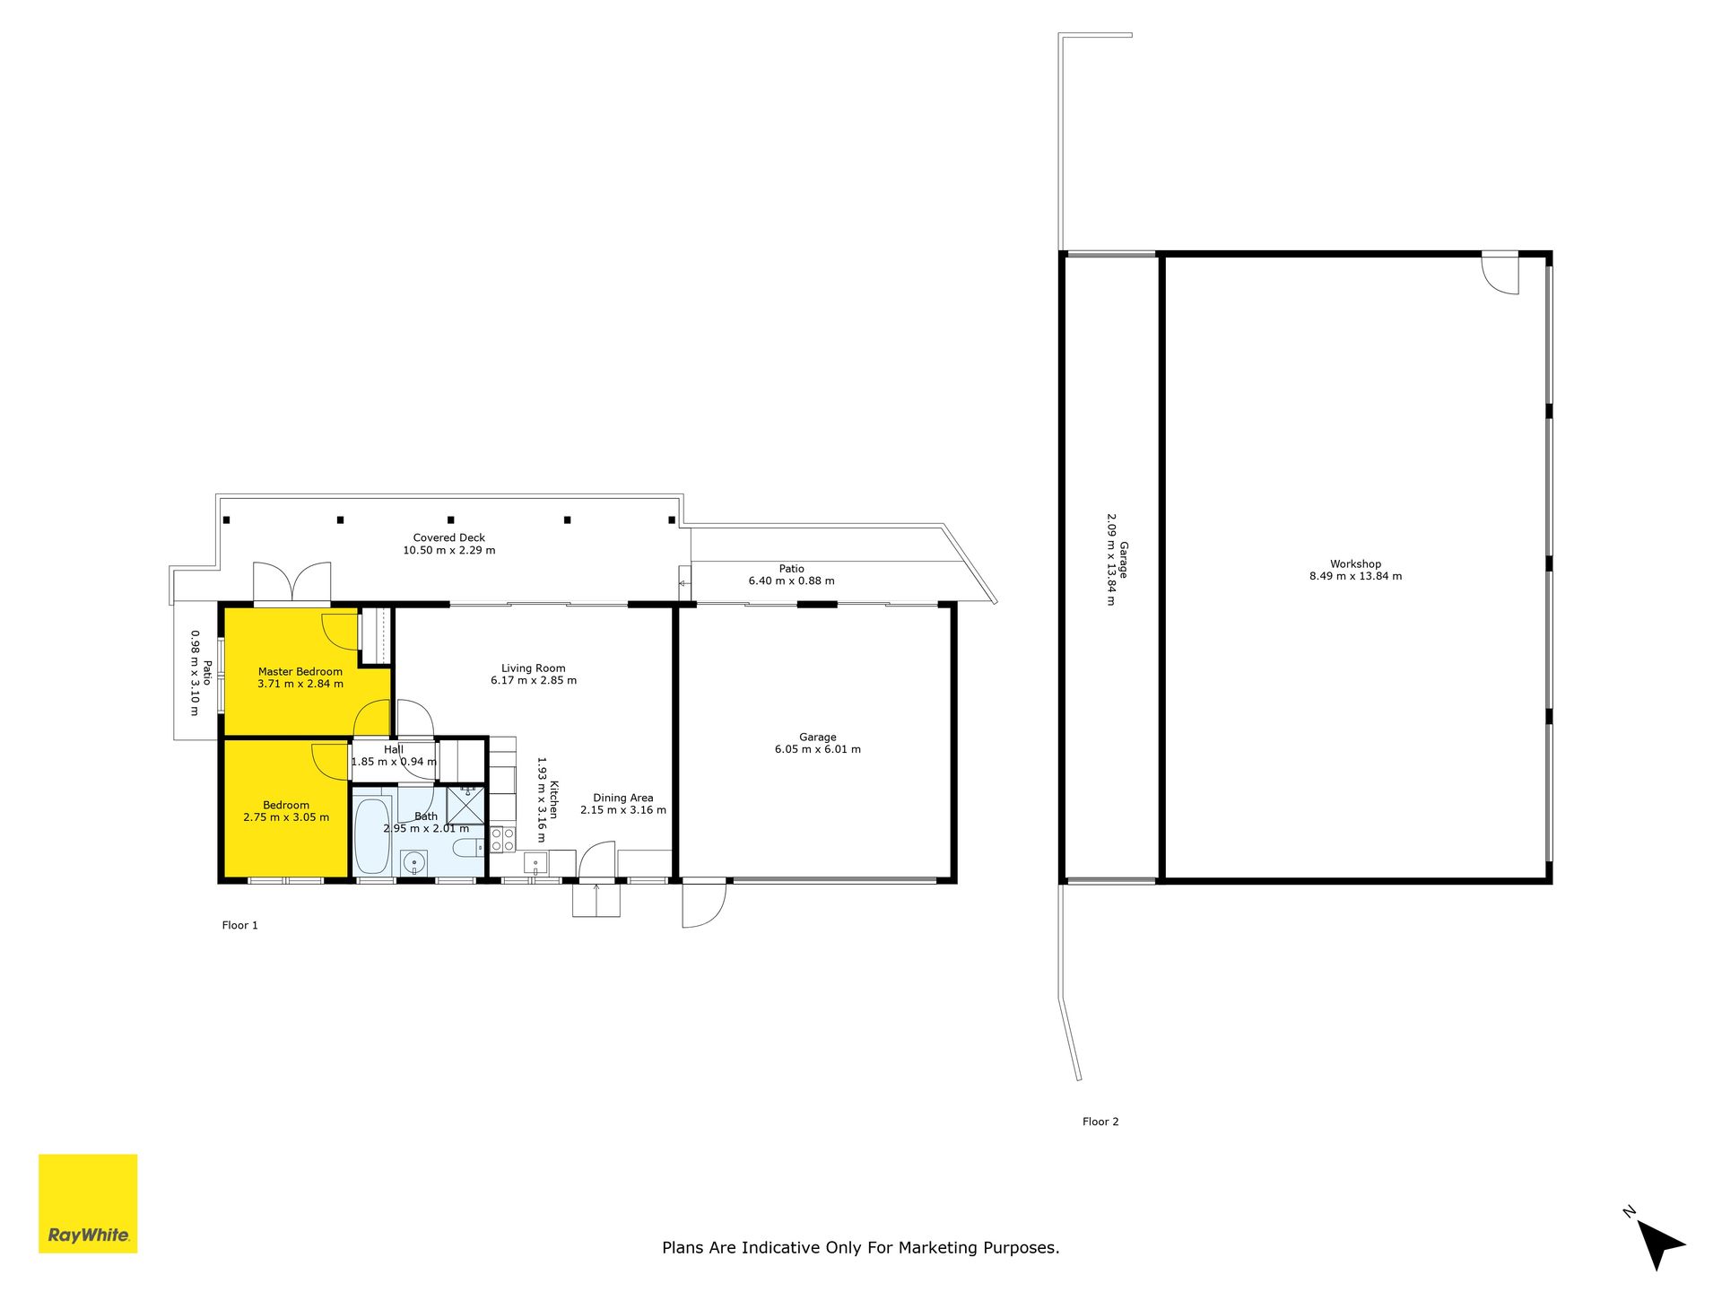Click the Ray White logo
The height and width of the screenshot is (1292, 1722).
pos(88,1203)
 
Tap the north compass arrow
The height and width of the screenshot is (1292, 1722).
pos(1659,1244)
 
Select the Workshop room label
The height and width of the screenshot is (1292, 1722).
pos(1355,564)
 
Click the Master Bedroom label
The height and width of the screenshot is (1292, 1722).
pos(300,671)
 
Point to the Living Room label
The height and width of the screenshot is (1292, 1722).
pos(534,668)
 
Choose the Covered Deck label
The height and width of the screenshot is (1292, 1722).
pos(449,537)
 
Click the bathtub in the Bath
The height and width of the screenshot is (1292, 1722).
pos(372,834)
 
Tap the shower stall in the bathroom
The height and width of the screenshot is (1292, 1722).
pos(465,805)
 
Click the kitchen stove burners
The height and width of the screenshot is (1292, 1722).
pos(502,840)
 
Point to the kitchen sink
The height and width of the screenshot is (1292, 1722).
pos(535,863)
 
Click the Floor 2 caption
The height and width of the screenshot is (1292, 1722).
pos(1100,1122)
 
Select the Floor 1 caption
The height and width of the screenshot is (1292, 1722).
pos(240,925)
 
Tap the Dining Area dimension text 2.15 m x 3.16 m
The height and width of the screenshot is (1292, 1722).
pos(623,810)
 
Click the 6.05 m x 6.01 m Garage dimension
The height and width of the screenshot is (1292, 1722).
pos(818,749)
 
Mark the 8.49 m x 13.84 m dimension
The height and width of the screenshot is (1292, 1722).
pos(1355,576)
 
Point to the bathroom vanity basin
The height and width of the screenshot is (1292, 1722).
pos(413,863)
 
